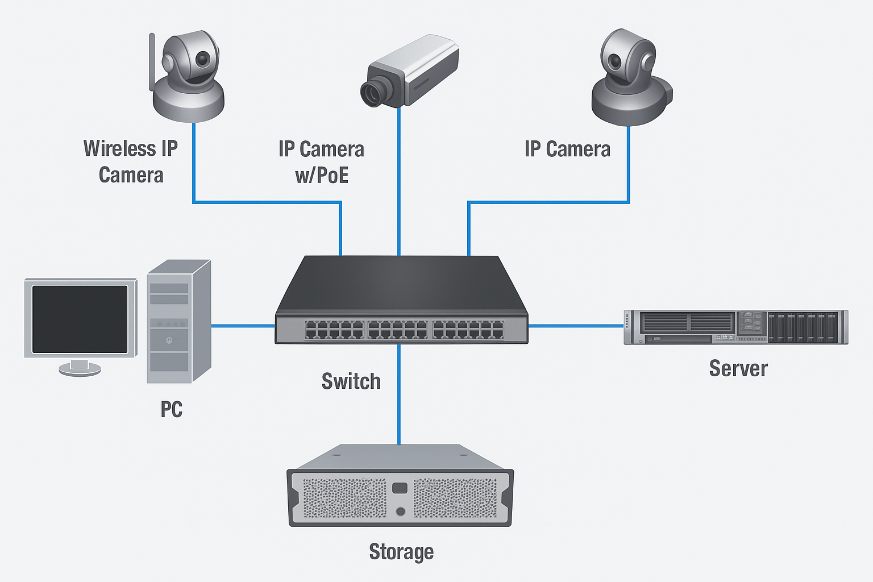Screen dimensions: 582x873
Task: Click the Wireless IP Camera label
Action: click(x=131, y=161)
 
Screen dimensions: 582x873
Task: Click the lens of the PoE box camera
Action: click(x=373, y=93)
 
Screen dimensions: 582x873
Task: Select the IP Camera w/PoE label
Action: click(x=321, y=162)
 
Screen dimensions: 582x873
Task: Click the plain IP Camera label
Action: click(x=567, y=149)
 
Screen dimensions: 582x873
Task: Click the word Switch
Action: click(x=351, y=381)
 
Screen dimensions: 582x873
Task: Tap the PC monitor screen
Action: click(x=80, y=319)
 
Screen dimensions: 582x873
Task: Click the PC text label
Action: click(x=171, y=409)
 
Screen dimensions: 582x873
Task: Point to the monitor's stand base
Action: click(x=80, y=370)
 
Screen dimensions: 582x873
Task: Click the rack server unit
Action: click(x=735, y=327)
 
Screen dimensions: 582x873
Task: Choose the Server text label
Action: click(x=738, y=368)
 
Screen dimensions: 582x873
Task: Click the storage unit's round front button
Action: click(x=400, y=512)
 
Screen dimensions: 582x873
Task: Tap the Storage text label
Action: click(x=401, y=551)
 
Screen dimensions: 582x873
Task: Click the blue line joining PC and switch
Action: click(x=243, y=326)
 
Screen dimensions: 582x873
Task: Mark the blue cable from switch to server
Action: click(x=575, y=326)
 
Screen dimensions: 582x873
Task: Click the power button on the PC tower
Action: click(x=169, y=341)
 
